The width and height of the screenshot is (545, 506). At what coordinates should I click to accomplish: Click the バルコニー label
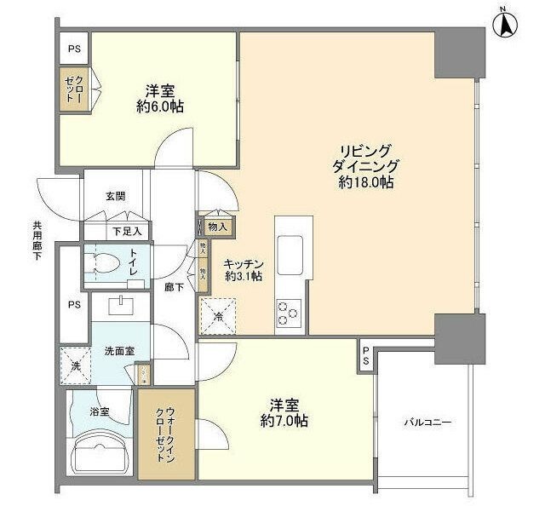coord(427,422)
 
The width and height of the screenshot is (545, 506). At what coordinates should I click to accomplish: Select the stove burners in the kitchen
coord(288,314)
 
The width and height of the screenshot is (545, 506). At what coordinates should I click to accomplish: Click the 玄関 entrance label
coord(115,195)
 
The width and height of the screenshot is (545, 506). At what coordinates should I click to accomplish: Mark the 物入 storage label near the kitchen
coord(218,227)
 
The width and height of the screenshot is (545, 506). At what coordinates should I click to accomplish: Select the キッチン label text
coord(243,264)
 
